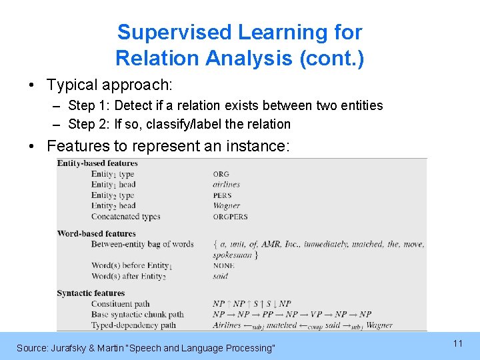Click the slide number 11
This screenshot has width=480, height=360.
pos(457,343)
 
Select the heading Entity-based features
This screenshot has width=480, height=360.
pos(97,163)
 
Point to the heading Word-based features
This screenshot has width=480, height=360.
pos(96,233)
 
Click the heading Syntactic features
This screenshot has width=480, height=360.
pos(91,293)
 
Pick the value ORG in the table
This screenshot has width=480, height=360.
pos(221,175)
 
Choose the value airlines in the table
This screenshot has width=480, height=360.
pos(226,185)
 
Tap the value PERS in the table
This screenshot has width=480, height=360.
pos(222,195)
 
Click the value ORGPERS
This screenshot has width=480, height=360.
pos(230,217)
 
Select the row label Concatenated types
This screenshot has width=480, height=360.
pos(125,217)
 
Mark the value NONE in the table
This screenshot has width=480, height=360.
pos(223,265)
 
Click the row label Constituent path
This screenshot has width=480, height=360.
pos(120,304)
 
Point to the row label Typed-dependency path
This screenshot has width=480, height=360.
pos(133,325)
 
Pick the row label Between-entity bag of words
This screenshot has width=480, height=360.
pos(142,244)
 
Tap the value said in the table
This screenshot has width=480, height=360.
pos(220,276)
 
